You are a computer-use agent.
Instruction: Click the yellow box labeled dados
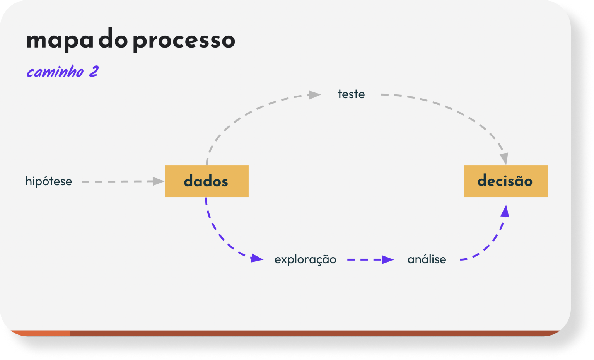click(x=207, y=181)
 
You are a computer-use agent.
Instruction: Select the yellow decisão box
click(x=506, y=181)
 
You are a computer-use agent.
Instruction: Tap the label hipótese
click(x=49, y=182)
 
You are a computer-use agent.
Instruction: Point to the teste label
click(x=351, y=94)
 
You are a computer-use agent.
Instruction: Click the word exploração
click(x=305, y=259)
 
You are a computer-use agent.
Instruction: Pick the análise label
click(x=427, y=259)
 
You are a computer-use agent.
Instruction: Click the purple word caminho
click(x=55, y=72)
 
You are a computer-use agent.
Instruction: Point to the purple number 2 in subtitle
click(x=94, y=71)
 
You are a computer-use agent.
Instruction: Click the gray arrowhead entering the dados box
click(x=159, y=181)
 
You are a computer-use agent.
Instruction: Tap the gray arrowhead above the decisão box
click(x=504, y=159)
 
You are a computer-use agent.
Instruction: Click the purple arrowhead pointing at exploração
click(x=257, y=258)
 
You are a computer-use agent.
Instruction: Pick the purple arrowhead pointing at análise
click(x=388, y=259)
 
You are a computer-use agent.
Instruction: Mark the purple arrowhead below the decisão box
click(x=505, y=211)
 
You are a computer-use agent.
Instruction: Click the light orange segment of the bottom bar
click(x=40, y=333)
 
